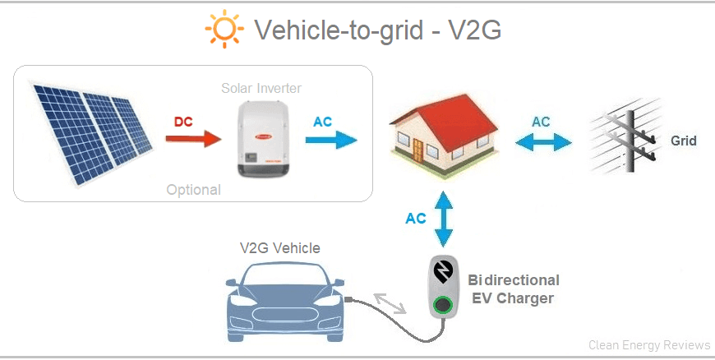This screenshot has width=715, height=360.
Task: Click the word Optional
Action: (193, 190)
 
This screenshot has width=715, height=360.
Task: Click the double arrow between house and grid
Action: (543, 141)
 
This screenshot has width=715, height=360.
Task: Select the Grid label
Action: (683, 141)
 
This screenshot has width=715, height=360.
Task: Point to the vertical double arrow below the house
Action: (444, 219)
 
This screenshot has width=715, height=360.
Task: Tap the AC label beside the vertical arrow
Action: (416, 219)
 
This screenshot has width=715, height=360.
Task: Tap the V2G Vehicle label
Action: (279, 247)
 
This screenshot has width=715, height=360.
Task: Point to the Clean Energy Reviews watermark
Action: (649, 345)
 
